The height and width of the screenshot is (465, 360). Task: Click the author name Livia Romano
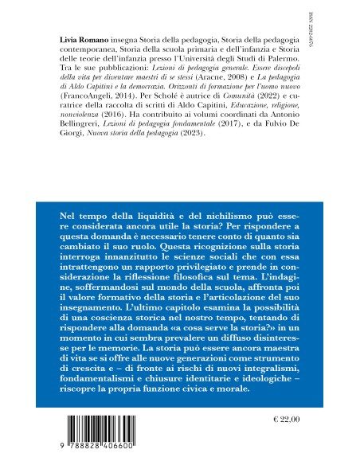tap(87, 40)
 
